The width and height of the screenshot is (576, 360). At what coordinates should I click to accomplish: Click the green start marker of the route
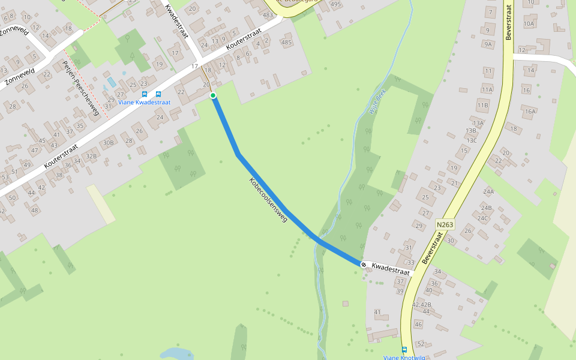212,95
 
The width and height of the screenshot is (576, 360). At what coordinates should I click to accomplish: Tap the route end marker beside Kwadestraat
364,264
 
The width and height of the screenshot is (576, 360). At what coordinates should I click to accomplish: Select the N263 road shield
445,224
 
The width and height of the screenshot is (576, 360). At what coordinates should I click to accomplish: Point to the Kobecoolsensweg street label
268,200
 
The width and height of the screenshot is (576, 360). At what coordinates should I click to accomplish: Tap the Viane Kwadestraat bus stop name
145,103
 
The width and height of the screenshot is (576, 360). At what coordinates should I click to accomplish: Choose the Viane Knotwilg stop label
404,358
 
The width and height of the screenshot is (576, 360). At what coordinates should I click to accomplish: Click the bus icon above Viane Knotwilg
404,349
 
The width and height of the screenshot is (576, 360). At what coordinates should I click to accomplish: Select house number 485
286,43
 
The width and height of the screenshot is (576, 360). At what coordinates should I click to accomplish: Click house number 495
335,5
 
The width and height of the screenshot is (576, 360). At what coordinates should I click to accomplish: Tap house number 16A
529,112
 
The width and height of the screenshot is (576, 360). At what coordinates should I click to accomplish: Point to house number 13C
472,140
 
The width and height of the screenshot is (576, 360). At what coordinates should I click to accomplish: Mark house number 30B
108,143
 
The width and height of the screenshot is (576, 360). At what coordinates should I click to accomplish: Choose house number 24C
482,218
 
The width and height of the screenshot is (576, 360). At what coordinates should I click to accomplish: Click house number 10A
528,24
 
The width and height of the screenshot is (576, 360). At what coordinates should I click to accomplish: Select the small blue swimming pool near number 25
111,82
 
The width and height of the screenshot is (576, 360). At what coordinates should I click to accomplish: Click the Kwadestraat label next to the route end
390,268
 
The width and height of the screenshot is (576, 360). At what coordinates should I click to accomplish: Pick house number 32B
91,157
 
